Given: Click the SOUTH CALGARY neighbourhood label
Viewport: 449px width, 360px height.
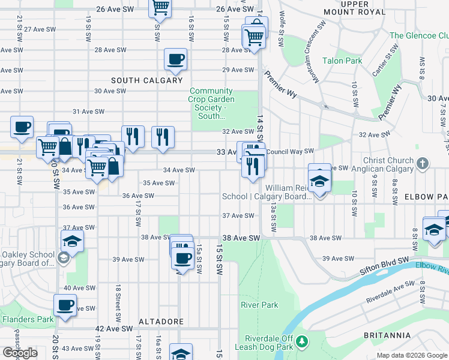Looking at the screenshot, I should coord(146,80).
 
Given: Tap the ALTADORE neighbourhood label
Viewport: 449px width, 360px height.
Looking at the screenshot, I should coord(161,322).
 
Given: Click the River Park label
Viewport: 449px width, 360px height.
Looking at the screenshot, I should coord(259,305).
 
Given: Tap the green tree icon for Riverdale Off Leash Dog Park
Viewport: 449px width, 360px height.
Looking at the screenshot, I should coord(303,342).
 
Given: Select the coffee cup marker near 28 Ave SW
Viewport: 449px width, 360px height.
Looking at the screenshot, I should coord(175,59).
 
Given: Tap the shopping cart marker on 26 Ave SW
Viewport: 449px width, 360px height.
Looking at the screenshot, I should coord(160,7).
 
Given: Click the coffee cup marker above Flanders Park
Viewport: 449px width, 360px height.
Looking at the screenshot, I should coord(65,305).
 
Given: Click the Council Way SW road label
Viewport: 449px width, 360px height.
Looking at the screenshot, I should coord(291,151).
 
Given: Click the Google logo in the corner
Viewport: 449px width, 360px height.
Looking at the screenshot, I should coord(20,353).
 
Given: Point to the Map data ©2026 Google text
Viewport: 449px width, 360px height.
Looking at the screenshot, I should coord(411,355).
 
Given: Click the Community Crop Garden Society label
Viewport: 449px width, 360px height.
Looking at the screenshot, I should coord(212,103).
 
